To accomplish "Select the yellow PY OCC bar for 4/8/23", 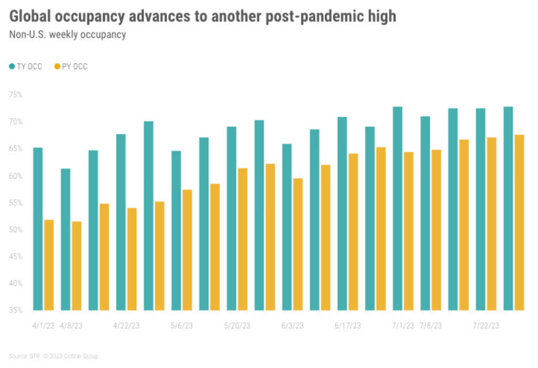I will tap(77, 266).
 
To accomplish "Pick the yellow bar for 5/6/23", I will tap(187, 250).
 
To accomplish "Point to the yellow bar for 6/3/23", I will tap(298, 244).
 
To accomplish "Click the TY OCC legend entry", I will tap(26, 67).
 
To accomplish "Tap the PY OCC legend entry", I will tap(71, 67).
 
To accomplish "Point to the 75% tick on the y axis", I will tap(16, 95).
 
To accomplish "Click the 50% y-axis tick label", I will tap(16, 230).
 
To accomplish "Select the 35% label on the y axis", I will tap(16, 310).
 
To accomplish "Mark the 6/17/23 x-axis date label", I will tap(347, 326).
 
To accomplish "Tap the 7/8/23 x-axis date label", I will tap(431, 326).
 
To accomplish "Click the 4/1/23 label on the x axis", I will tap(44, 326).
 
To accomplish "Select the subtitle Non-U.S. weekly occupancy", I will tap(67, 35).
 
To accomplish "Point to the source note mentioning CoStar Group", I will tap(54, 356).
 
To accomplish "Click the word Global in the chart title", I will tap(30, 17).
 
